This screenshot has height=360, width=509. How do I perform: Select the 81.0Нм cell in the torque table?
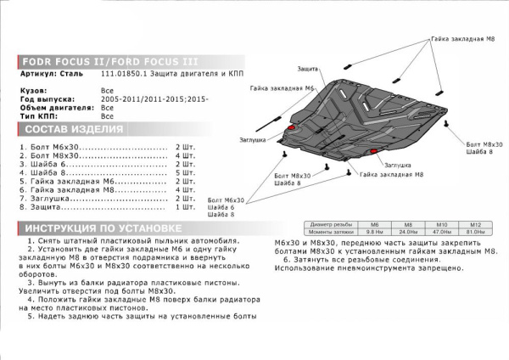pos(475,232)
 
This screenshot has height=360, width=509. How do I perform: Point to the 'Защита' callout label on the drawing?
pos(309,67)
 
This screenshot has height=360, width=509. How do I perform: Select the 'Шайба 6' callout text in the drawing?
pos(219,207)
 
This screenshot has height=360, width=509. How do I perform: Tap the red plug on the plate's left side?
pos(294,127)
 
